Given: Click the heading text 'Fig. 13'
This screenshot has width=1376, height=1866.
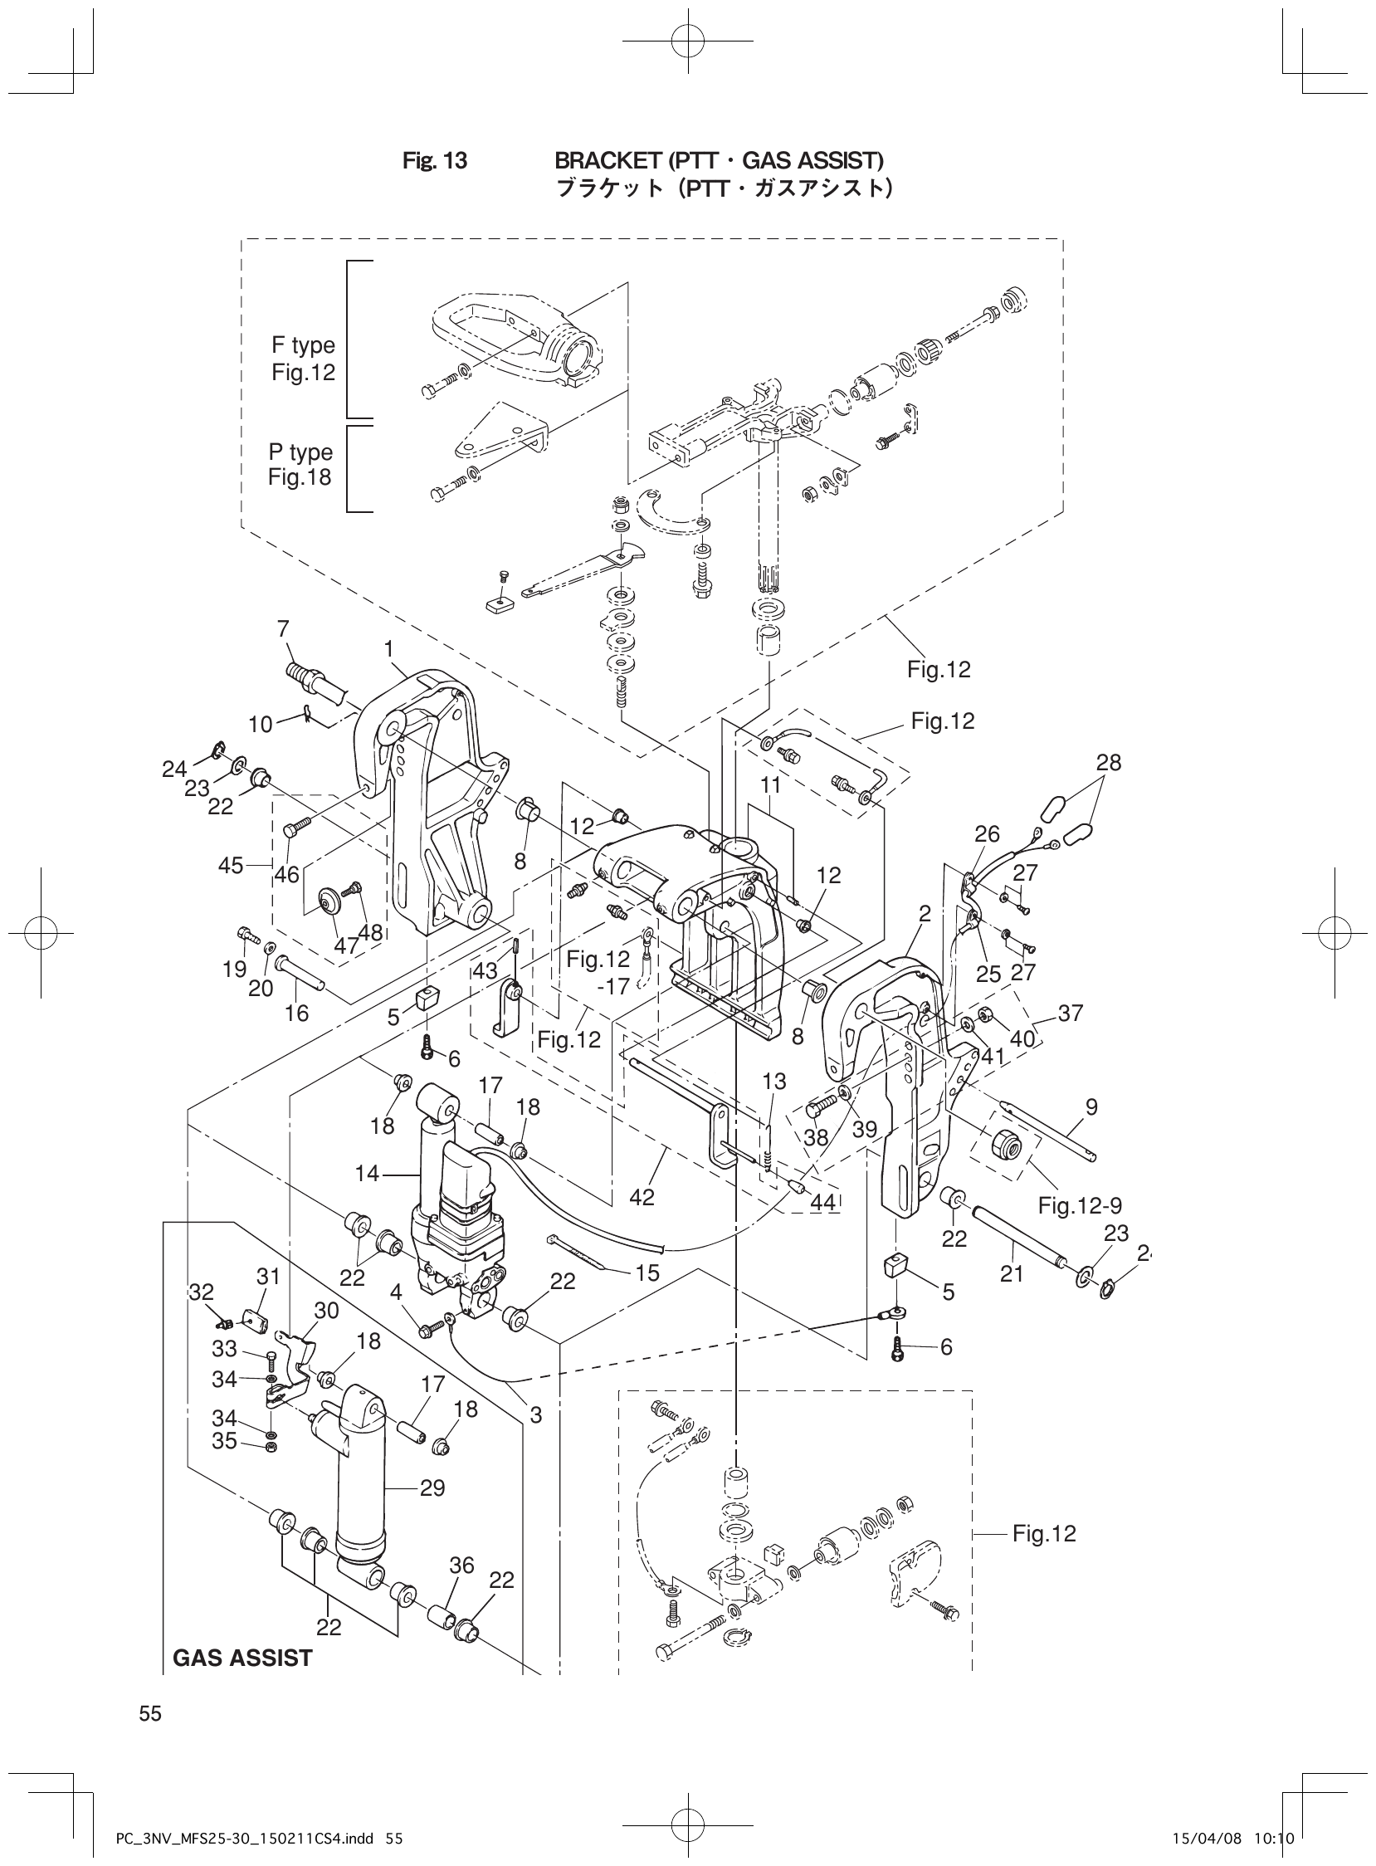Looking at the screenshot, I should (435, 160).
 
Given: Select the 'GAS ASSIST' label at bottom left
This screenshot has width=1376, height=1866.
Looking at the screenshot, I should (242, 1658).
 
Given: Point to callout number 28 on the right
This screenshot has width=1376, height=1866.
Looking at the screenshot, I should (1109, 762).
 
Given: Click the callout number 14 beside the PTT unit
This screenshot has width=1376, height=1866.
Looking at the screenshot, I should (367, 1174).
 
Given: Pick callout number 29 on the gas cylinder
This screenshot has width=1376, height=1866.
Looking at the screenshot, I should (432, 1487).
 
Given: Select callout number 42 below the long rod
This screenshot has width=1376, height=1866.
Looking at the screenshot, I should (642, 1197).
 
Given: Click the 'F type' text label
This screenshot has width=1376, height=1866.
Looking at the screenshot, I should (303, 344).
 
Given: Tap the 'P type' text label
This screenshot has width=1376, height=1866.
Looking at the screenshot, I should (300, 452).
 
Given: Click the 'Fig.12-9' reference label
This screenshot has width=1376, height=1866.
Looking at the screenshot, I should (1080, 1204).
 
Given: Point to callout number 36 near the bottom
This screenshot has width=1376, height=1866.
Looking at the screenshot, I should (461, 1566).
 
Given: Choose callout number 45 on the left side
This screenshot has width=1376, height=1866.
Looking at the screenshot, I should (231, 866).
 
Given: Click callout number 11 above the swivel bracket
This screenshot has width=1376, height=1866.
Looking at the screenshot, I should (770, 784).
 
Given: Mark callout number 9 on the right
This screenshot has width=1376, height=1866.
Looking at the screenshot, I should (1091, 1107).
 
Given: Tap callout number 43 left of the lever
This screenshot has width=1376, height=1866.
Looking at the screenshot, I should (486, 971).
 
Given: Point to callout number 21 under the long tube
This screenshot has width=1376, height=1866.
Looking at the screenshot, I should (1011, 1273).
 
